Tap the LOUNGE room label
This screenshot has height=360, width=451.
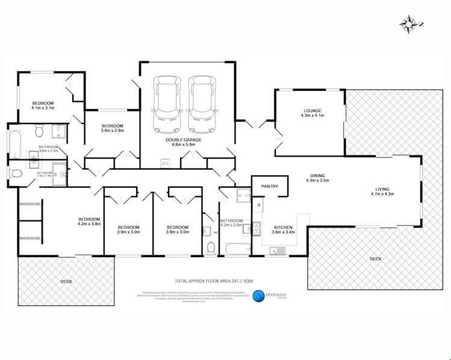[312, 111]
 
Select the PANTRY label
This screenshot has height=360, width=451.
[269, 187]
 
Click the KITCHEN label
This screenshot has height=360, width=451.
[282, 226]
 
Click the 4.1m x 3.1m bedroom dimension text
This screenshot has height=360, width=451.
[43, 109]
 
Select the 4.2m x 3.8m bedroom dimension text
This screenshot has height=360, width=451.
[89, 224]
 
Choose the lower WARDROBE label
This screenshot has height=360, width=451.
[30, 238]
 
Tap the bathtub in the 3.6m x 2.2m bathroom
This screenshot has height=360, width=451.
[14, 142]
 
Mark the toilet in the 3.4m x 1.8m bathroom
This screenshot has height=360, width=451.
[17, 173]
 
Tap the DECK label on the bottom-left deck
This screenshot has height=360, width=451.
[66, 281]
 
